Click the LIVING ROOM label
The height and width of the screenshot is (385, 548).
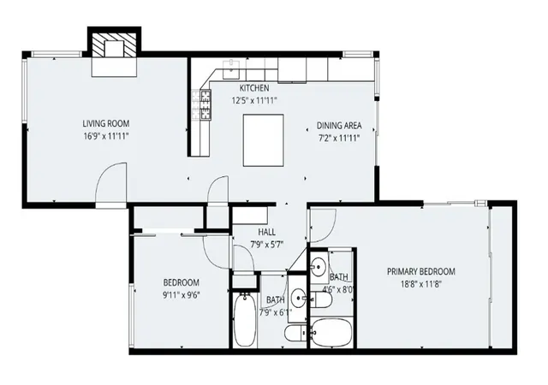pyautogui.click(x=106, y=123)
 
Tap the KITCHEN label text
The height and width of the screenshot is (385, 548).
pyautogui.click(x=254, y=87)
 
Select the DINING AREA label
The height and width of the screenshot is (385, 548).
pyautogui.click(x=339, y=126)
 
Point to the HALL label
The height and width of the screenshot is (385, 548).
pyautogui.click(x=266, y=232)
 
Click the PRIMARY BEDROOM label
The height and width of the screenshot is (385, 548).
pyautogui.click(x=421, y=271)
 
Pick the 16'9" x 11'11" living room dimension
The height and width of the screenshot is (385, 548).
pyautogui.click(x=106, y=136)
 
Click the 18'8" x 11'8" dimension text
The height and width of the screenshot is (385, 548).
pyautogui.click(x=421, y=284)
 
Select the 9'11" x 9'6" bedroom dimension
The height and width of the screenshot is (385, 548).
pyautogui.click(x=182, y=295)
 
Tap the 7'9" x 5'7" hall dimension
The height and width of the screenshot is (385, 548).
pyautogui.click(x=266, y=245)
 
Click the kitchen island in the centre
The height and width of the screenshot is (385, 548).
pyautogui.click(x=263, y=140)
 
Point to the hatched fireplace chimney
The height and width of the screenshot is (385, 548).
pyautogui.click(x=114, y=44)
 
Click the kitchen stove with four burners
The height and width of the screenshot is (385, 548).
pyautogui.click(x=205, y=104)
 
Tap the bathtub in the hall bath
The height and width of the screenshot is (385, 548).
pyautogui.click(x=244, y=320)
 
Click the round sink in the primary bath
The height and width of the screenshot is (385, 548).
pyautogui.click(x=319, y=267)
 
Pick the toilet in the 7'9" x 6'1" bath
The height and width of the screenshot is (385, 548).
pyautogui.click(x=295, y=334)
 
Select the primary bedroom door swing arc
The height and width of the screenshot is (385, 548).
pyautogui.click(x=324, y=226)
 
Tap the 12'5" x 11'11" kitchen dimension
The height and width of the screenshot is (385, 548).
pyautogui.click(x=254, y=100)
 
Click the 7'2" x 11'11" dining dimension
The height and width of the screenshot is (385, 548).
pyautogui.click(x=339, y=138)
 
